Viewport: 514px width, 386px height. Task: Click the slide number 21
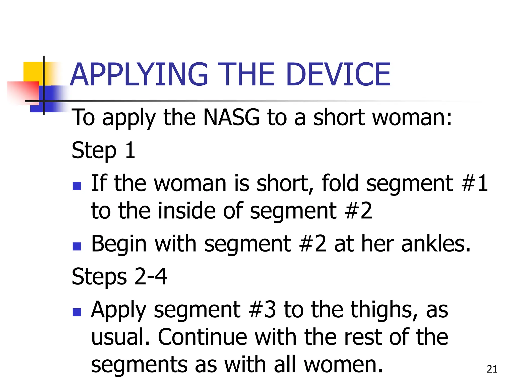[x=492, y=369]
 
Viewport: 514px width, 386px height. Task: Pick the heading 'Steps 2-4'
[x=119, y=276]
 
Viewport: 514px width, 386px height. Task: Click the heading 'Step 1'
[x=103, y=150]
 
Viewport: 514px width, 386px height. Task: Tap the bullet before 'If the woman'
[x=77, y=186]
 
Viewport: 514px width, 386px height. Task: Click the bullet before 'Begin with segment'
[x=77, y=246]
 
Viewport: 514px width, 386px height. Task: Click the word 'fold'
[x=340, y=183]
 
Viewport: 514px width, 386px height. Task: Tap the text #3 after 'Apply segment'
[x=262, y=310]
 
